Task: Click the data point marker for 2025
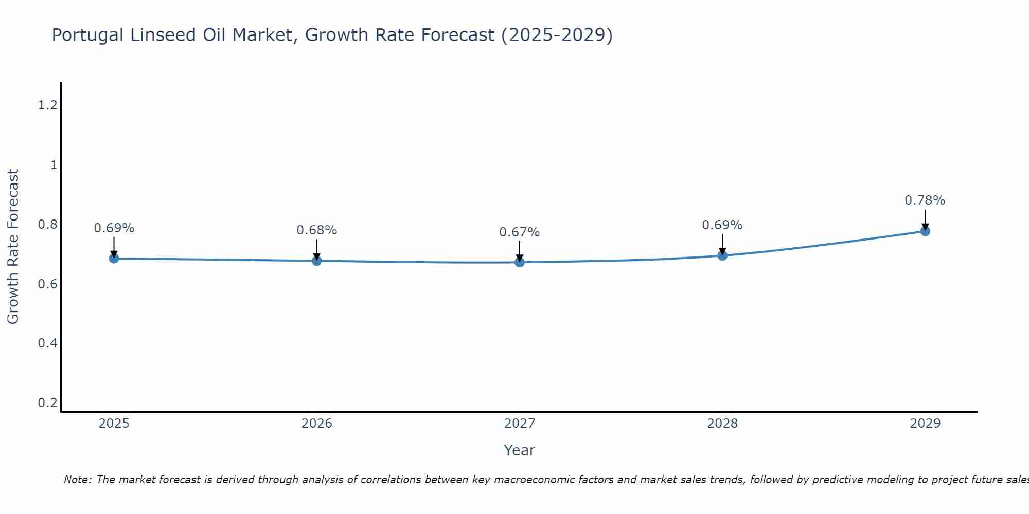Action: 114,258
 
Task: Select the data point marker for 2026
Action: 317,261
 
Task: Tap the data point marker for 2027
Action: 520,262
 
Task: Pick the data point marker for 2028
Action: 722,255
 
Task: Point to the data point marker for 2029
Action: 925,231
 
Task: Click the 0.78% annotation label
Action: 925,200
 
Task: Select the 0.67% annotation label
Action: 520,232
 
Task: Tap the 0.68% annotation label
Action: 317,230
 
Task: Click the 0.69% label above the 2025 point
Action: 114,228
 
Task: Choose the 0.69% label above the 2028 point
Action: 722,225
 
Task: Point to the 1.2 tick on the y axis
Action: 47,105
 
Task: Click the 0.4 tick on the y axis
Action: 47,343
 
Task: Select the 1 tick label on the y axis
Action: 54,165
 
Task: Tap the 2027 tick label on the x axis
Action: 520,424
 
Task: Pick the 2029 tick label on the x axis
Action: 925,424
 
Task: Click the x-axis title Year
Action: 520,450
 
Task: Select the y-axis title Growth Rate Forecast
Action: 13,247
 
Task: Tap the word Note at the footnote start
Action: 77,480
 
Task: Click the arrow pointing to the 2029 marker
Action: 925,218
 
